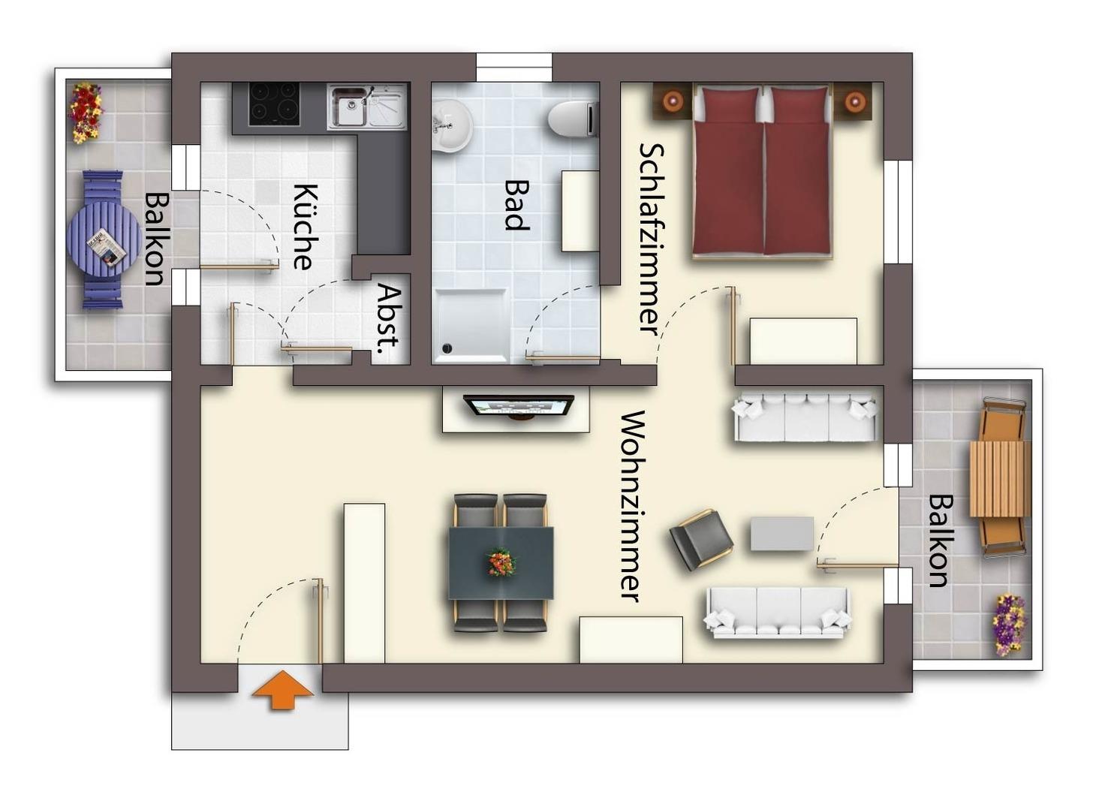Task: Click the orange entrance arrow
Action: [282, 690]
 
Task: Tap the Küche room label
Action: [306, 227]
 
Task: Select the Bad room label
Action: [516, 205]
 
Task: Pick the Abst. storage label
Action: [390, 318]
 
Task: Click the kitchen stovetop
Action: [274, 104]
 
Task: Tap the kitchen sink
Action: [367, 106]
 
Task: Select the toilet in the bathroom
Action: [573, 119]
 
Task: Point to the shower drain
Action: [446, 348]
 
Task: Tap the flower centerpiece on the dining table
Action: [501, 563]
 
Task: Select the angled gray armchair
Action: [701, 540]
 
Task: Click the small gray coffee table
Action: [782, 533]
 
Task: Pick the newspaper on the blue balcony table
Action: [107, 247]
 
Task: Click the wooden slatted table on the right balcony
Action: [1000, 478]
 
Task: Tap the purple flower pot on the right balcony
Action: [1008, 625]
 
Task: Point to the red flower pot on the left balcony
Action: [86, 113]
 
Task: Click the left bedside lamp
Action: [674, 101]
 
